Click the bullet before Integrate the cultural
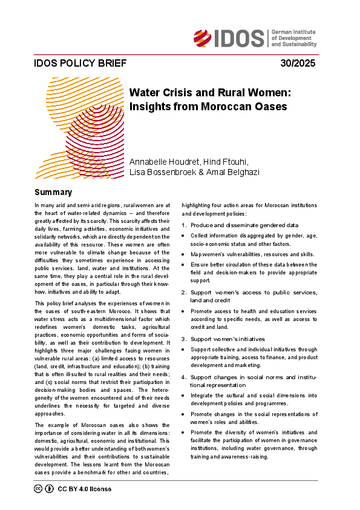pyautogui.click(x=188, y=439)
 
